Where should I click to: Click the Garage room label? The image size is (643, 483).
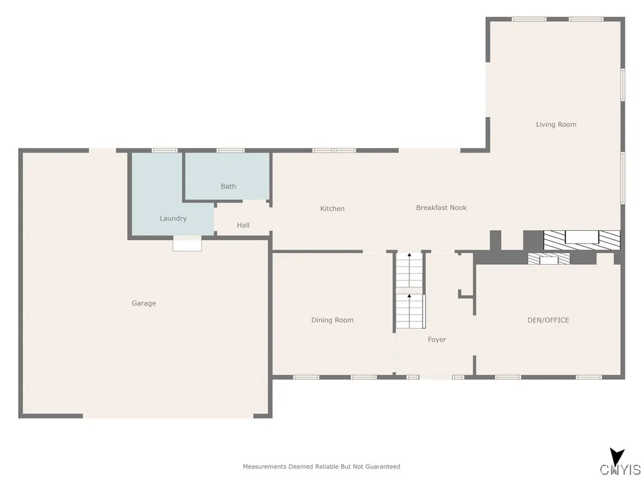pyautogui.click(x=144, y=303)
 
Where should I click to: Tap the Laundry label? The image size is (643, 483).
pyautogui.click(x=173, y=218)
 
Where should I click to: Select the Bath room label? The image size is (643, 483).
pyautogui.click(x=229, y=186)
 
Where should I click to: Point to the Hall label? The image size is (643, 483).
pyautogui.click(x=243, y=225)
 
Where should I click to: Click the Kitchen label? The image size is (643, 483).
pyautogui.click(x=332, y=209)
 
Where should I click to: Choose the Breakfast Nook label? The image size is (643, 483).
pyautogui.click(x=441, y=208)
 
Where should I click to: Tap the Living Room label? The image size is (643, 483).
pyautogui.click(x=556, y=125)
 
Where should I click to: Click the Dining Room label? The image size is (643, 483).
pyautogui.click(x=332, y=320)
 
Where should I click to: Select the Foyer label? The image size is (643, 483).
pyautogui.click(x=436, y=340)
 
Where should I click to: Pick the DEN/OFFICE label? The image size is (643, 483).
pyautogui.click(x=548, y=320)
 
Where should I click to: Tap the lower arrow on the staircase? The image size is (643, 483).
pyautogui.click(x=409, y=296)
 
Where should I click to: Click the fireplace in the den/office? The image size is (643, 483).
pyautogui.click(x=548, y=258)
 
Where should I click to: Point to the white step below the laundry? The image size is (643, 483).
pyautogui.click(x=187, y=243)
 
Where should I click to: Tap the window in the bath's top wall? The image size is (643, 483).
pyautogui.click(x=230, y=150)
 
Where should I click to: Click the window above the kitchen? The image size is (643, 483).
pyautogui.click(x=334, y=150)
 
